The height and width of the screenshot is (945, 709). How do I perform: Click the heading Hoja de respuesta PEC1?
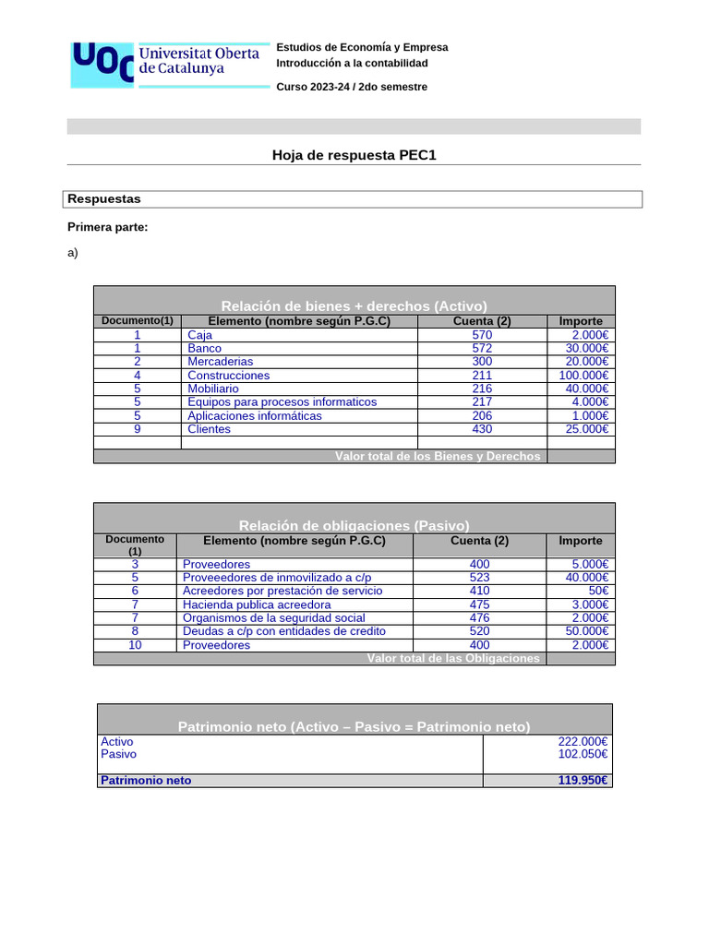pos(354,155)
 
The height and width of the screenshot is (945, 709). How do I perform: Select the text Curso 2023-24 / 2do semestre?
pos(352,87)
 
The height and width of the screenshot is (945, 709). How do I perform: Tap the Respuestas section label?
pos(104,199)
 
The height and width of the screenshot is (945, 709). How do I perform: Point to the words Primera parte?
pos(108,227)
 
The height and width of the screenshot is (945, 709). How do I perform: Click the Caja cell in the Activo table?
pos(199,335)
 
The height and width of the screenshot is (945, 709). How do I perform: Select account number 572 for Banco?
pos(482,349)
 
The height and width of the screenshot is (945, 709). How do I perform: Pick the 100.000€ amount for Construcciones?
pos(583,376)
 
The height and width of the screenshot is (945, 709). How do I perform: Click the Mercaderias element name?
pos(220,362)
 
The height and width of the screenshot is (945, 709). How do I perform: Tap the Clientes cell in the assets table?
pos(209,429)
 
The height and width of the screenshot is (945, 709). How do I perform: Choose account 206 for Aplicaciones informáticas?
pos(482,416)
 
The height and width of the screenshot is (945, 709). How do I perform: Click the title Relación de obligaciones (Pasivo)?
pos(354,525)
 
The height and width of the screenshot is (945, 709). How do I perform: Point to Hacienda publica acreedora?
pos(257,604)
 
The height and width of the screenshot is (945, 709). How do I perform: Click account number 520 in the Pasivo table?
pos(479,631)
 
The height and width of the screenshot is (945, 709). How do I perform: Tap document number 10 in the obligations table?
pos(135,645)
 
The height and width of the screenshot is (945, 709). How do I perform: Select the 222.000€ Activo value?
pos(583,742)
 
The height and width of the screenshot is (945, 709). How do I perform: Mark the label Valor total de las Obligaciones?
pos(452,658)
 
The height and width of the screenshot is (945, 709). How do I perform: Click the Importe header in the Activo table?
pos(581,321)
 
